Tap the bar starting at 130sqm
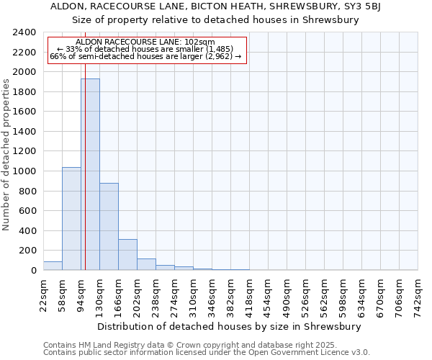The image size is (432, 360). point(109,226)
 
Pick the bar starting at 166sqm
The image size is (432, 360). point(127,254)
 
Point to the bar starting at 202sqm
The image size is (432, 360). point(146,264)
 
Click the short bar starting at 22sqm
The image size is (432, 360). point(53,266)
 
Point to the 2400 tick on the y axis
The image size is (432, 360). point(24,32)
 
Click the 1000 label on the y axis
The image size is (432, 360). point(24,171)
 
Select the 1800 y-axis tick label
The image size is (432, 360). point(24,92)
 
